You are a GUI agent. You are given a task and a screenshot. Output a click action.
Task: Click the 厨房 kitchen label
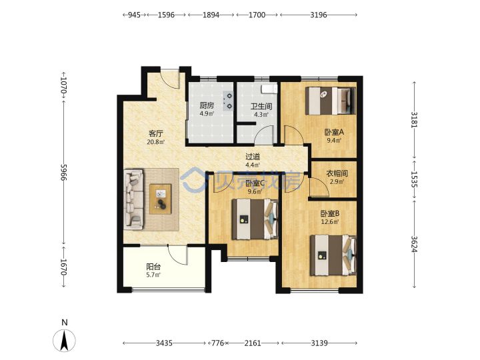(x=207, y=105)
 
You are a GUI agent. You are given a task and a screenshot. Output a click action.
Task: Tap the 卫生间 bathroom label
(x=261, y=107)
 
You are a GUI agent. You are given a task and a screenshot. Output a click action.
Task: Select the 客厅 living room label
(x=156, y=134)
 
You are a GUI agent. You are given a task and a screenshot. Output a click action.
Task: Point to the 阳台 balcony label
(x=153, y=267)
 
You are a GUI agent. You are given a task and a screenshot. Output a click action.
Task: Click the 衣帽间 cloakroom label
(x=337, y=173)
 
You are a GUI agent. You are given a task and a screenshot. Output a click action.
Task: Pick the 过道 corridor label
(x=253, y=157)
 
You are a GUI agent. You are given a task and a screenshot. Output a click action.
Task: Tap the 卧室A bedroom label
(x=334, y=132)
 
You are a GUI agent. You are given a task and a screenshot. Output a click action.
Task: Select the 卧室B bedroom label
(x=330, y=213)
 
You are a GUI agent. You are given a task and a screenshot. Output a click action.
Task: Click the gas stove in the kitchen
(x=229, y=101)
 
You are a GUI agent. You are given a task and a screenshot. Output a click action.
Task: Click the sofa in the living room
(x=134, y=199)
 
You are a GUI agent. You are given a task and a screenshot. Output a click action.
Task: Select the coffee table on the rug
(x=161, y=199)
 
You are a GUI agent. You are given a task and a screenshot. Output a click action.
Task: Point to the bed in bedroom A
(x=331, y=101)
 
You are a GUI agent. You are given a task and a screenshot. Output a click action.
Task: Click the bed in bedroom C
(x=255, y=219)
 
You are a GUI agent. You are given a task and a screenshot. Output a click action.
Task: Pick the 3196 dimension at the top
(x=319, y=15)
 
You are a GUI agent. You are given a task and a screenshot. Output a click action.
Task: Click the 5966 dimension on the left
(x=64, y=172)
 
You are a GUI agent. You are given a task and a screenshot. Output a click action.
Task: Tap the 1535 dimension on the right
(x=414, y=179)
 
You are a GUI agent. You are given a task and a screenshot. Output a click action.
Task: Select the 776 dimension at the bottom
(x=217, y=343)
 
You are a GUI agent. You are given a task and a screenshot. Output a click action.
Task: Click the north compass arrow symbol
(x=64, y=341)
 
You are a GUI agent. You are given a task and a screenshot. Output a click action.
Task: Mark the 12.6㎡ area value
(x=330, y=221)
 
